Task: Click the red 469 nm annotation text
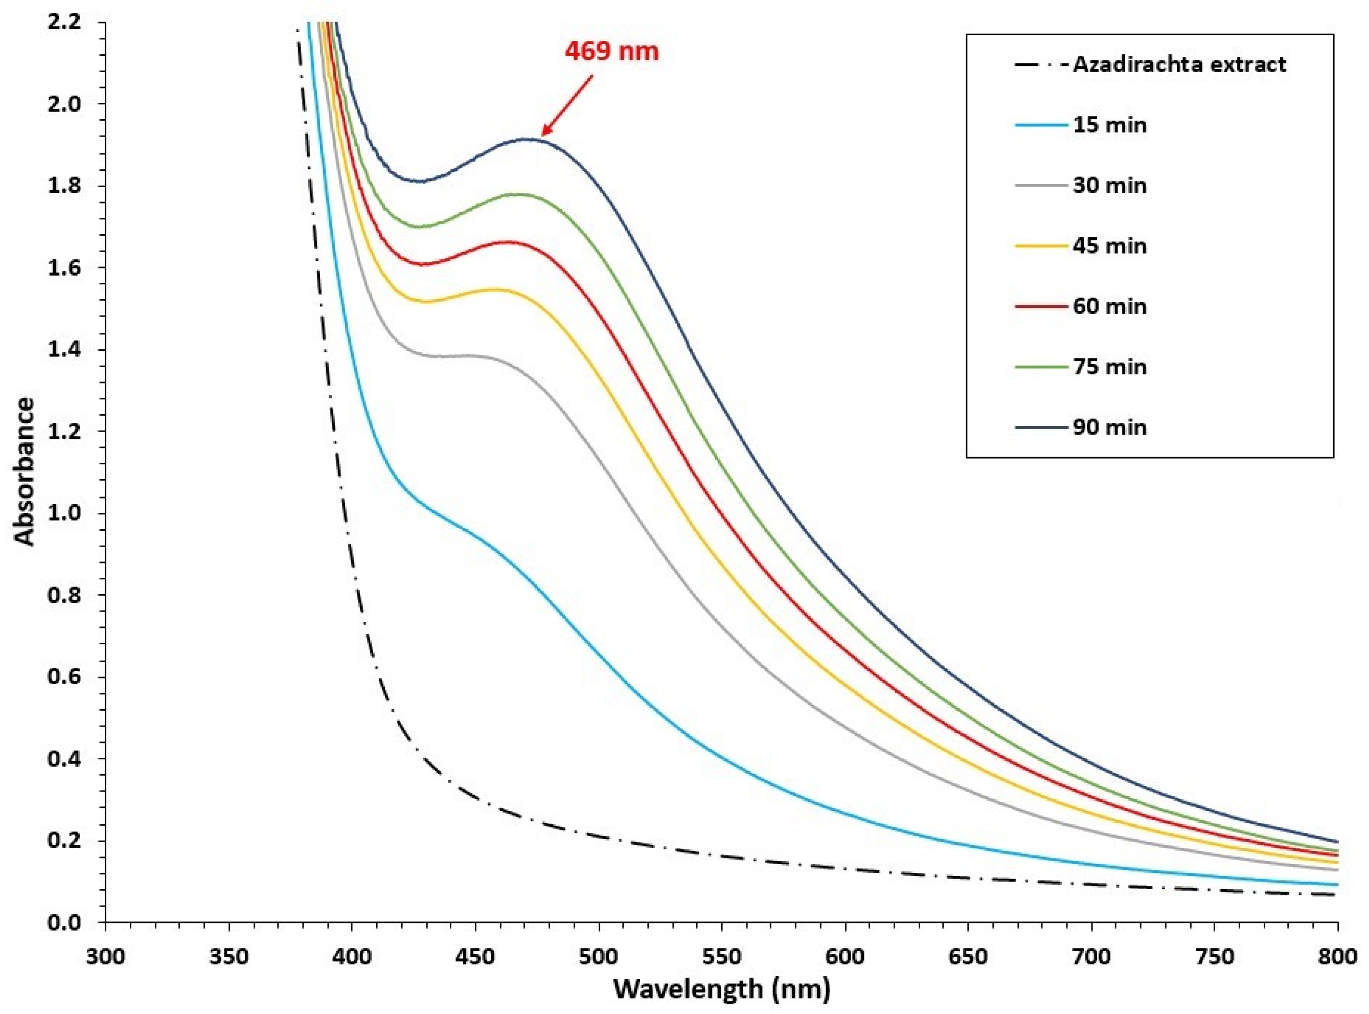click(x=611, y=51)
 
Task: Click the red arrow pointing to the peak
click(x=567, y=105)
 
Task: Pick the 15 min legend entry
click(x=1109, y=125)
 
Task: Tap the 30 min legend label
click(x=1109, y=186)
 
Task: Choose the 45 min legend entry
click(x=1109, y=246)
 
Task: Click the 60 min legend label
click(x=1109, y=306)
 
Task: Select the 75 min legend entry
click(x=1109, y=367)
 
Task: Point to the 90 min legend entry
click(x=1109, y=427)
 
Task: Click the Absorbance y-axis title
click(x=25, y=471)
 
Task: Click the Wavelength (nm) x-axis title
click(x=722, y=989)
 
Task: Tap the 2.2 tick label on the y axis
click(x=63, y=22)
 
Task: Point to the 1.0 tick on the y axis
click(x=63, y=514)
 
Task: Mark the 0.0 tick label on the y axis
click(x=63, y=922)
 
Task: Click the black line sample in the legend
click(x=1040, y=64)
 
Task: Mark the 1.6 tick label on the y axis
click(x=63, y=268)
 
